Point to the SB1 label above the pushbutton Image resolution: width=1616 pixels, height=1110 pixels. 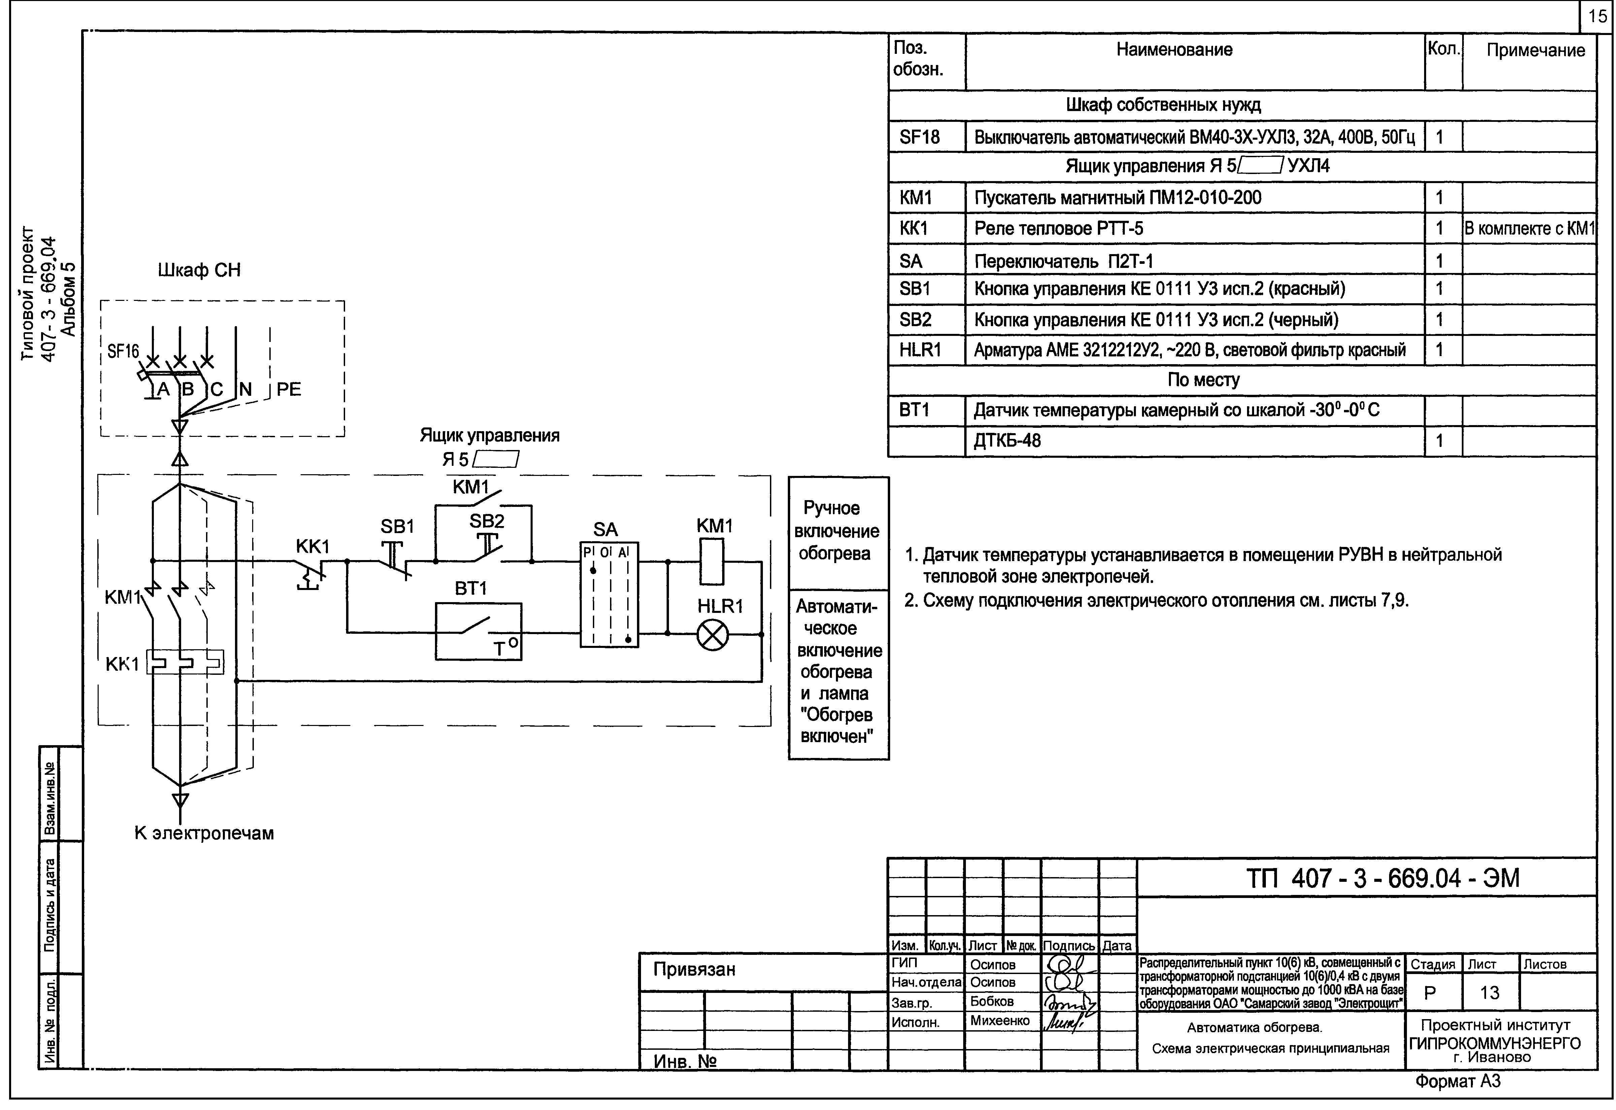coord(397,527)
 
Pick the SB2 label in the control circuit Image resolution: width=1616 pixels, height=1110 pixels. coord(487,521)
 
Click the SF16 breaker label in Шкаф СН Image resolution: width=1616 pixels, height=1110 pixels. coord(123,352)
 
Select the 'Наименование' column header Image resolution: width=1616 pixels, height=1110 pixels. coord(1174,50)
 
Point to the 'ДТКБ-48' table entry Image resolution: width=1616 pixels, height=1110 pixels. coord(1007,441)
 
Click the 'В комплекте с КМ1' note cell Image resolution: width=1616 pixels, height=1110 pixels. coord(1529,229)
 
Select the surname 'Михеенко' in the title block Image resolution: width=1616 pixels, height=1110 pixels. coord(1000,1021)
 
